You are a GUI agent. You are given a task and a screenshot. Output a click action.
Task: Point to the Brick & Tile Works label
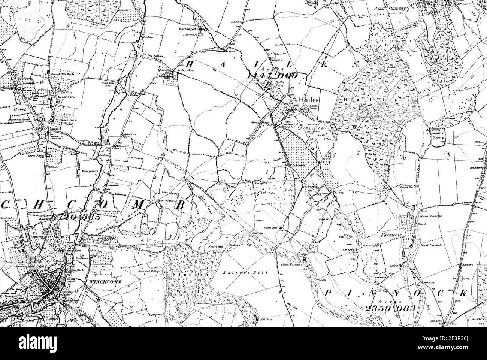(x=61, y=75)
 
